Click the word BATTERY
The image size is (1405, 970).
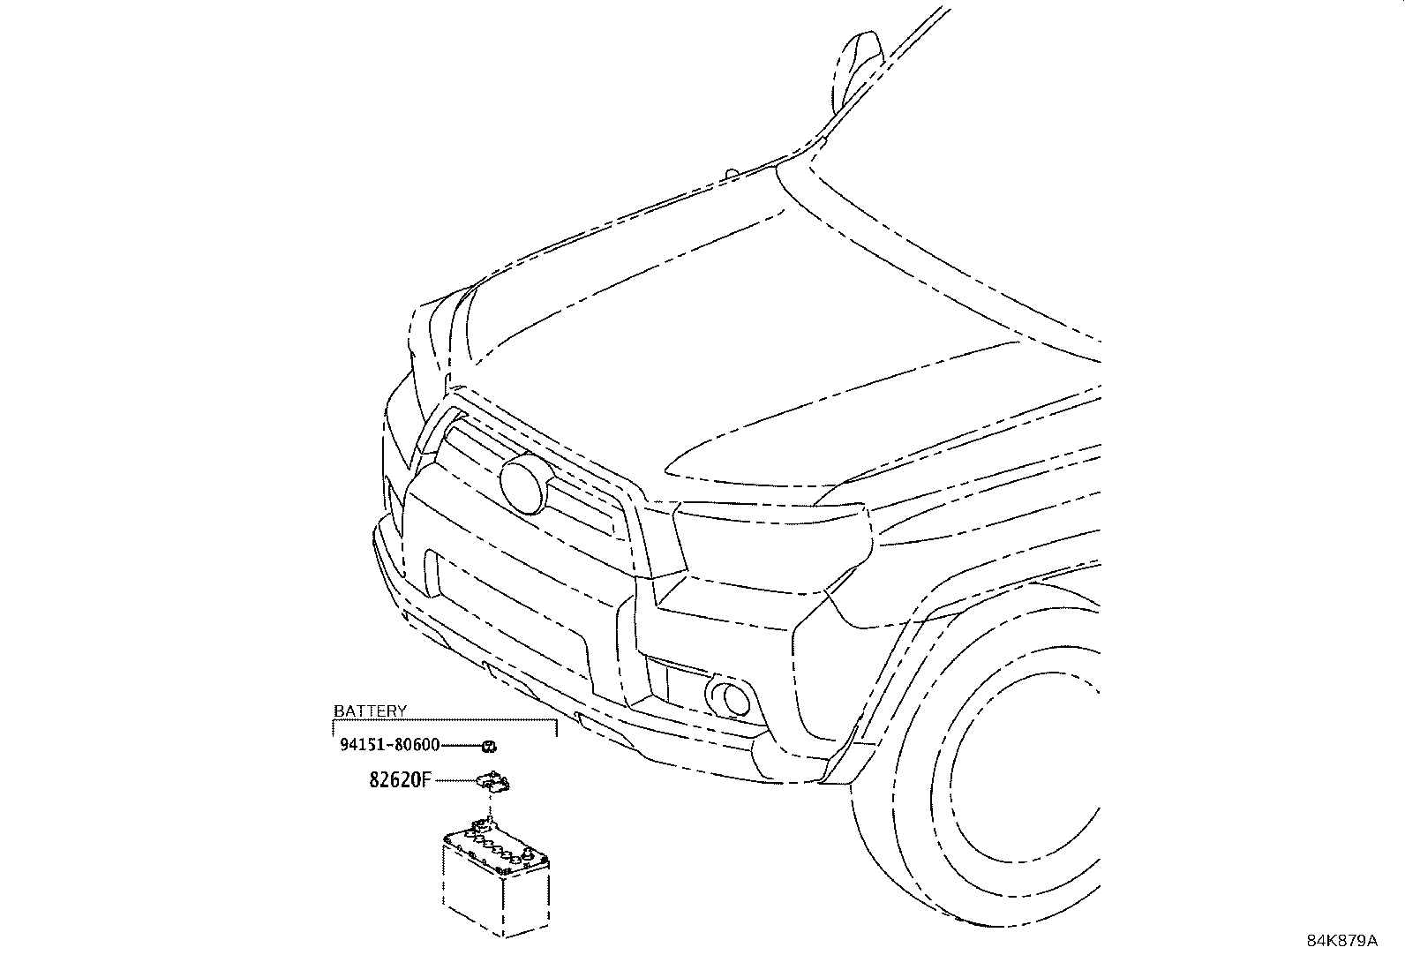point(370,711)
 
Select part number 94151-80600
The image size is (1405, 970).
point(389,745)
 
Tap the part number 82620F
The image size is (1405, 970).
point(400,780)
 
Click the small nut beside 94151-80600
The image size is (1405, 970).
point(489,746)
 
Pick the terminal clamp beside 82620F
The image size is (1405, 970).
point(493,780)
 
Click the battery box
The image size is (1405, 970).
point(495,884)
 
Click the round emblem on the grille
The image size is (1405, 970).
point(523,485)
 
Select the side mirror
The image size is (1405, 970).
point(858,69)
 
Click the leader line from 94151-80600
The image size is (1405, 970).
point(461,746)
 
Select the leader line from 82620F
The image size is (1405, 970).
point(455,780)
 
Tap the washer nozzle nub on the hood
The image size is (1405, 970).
point(732,172)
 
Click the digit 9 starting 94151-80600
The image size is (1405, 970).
point(345,745)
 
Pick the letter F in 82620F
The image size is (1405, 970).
point(426,780)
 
